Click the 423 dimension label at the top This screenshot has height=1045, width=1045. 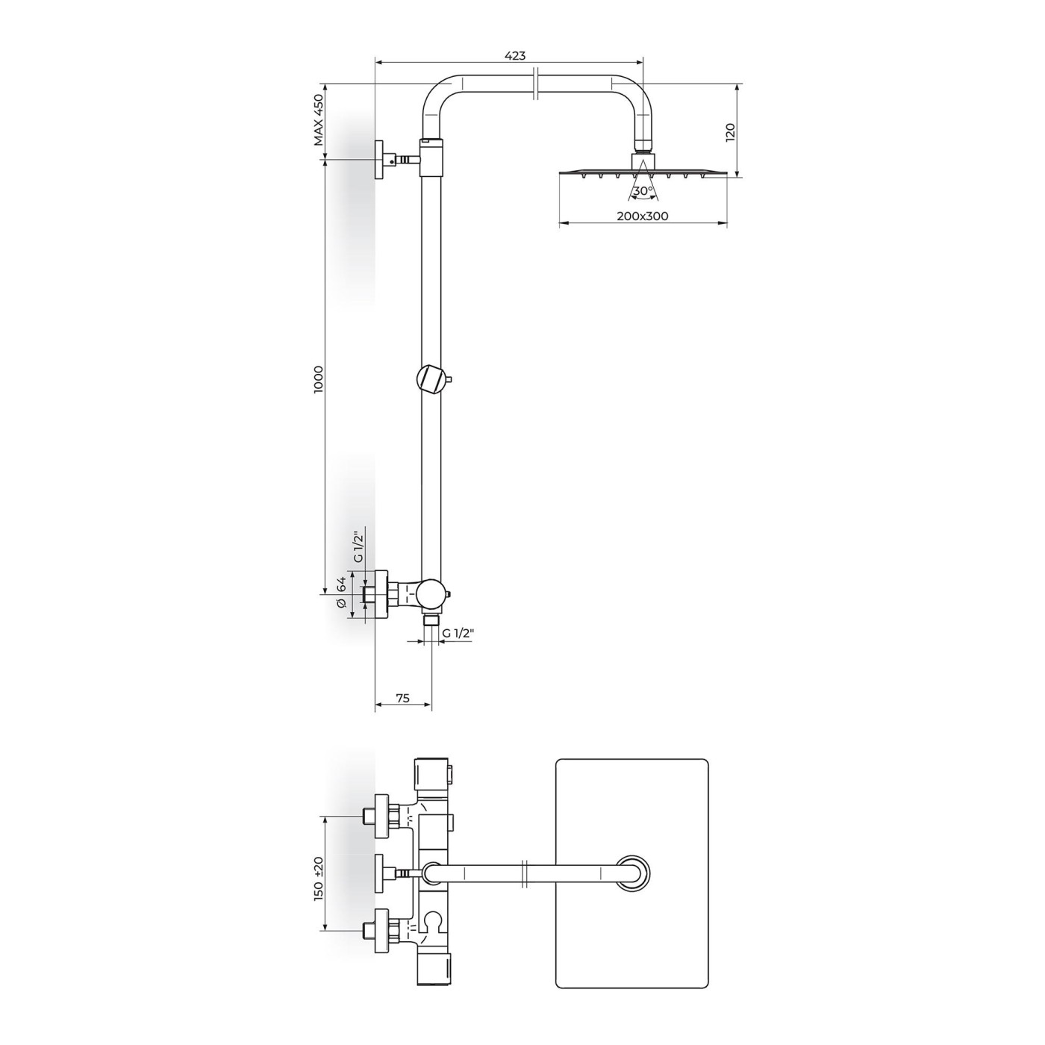515,55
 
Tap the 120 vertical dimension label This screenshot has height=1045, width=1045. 731,132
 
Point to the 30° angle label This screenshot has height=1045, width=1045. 642,191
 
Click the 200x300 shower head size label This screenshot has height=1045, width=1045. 643,216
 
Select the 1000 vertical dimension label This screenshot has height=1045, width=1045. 319,379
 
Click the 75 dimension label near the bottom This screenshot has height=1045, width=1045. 402,698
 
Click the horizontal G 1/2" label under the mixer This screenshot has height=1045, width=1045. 458,634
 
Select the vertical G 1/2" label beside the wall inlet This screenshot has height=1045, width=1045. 358,547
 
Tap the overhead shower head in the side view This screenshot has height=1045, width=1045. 643,173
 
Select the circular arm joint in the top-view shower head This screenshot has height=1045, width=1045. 632,873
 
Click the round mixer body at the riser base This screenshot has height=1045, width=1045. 431,594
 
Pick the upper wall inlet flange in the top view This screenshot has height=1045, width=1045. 383,814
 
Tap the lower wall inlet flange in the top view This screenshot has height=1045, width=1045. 383,930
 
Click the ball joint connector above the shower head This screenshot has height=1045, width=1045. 643,160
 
